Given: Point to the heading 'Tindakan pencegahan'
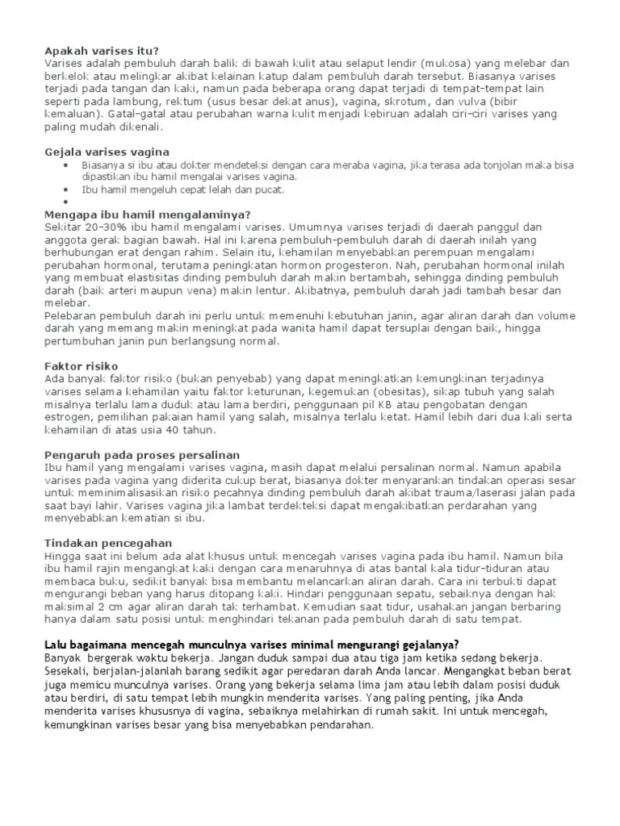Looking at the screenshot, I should tap(99, 543).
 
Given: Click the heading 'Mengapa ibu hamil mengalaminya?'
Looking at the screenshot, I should tap(147, 214).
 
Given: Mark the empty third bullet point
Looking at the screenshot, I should tap(63, 202).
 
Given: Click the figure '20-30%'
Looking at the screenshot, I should tap(101, 227).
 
